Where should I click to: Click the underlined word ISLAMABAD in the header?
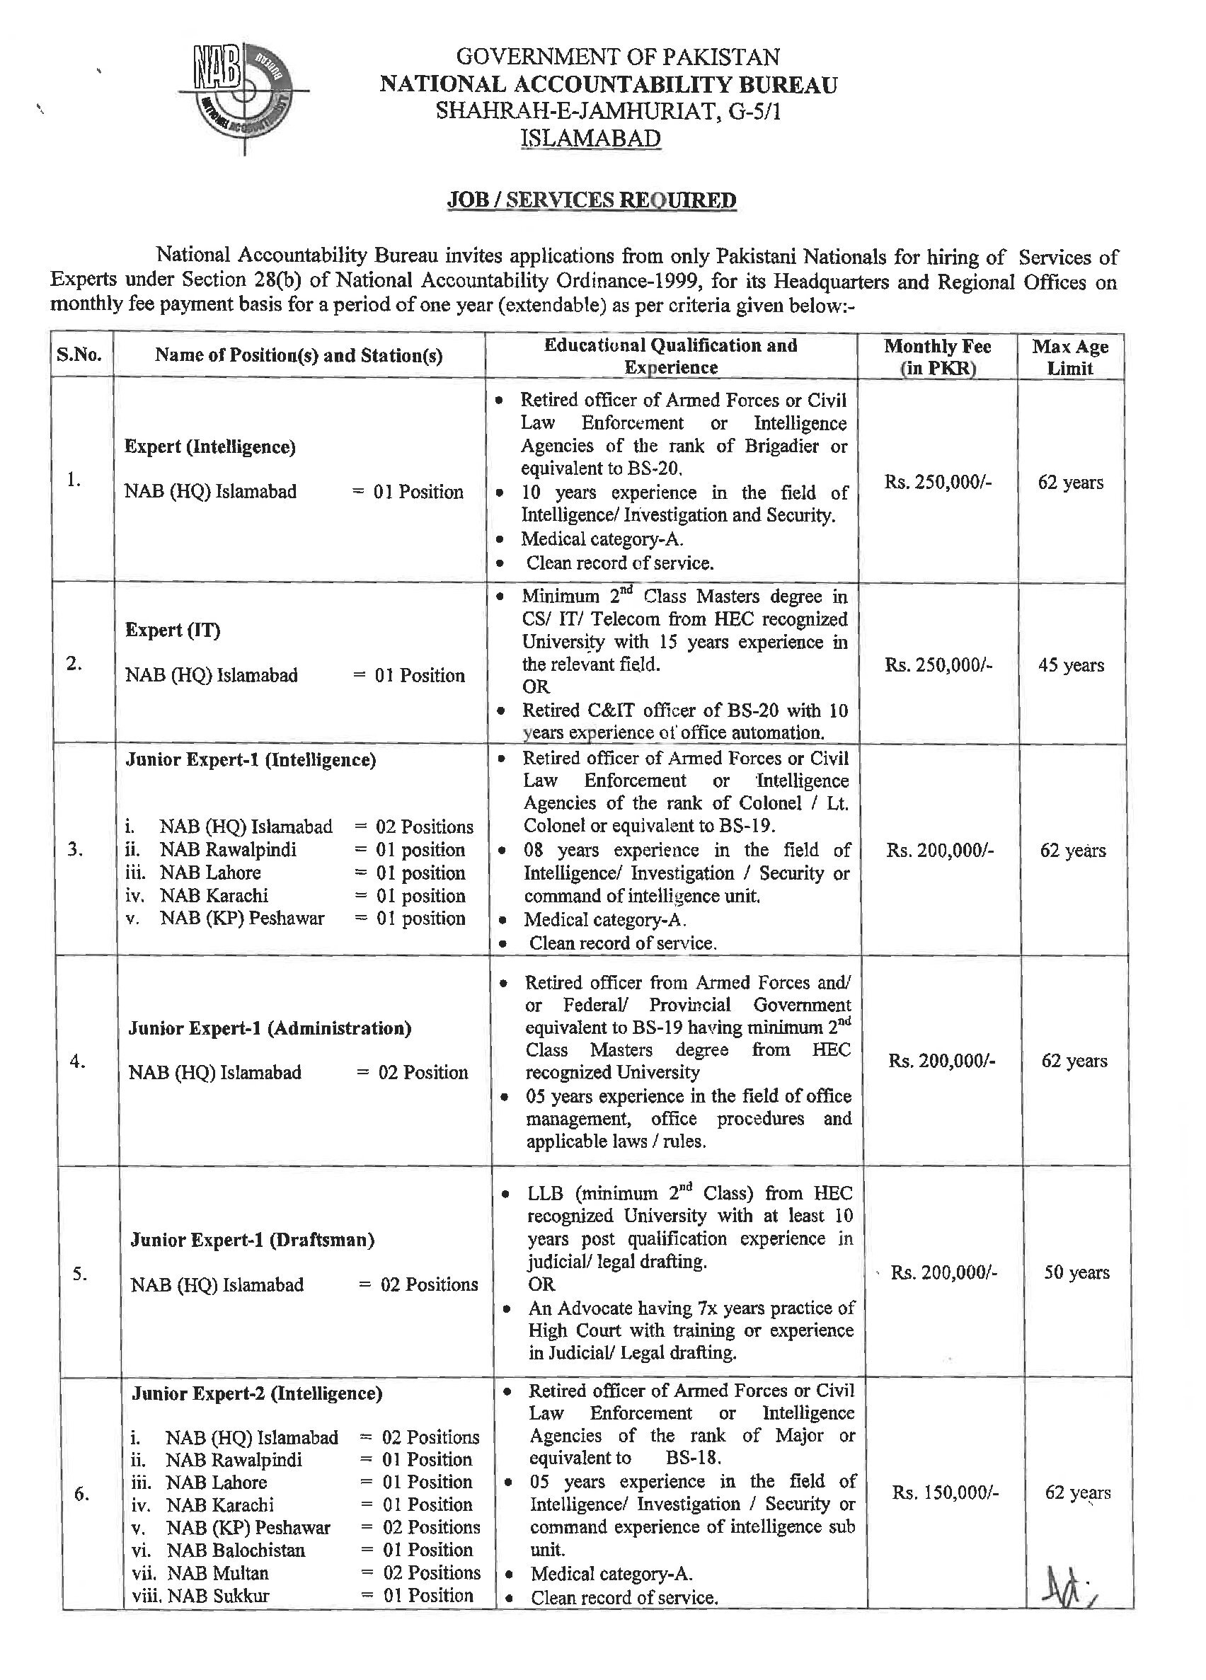pyautogui.click(x=590, y=139)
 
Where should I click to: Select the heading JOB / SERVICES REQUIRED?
pyautogui.click(x=591, y=200)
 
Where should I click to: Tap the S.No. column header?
pyautogui.click(x=79, y=355)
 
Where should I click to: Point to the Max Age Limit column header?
pyautogui.click(x=1069, y=357)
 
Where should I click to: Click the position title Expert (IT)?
pyautogui.click(x=173, y=630)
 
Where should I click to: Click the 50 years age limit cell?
pyautogui.click(x=1076, y=1272)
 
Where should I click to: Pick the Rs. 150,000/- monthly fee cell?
pyautogui.click(x=945, y=1493)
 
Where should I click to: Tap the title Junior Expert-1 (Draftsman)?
pyautogui.click(x=252, y=1240)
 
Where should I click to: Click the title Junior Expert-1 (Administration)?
pyautogui.click(x=270, y=1028)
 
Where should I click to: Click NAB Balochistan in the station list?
pyautogui.click(x=236, y=1550)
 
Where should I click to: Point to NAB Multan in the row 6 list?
pyautogui.click(x=218, y=1572)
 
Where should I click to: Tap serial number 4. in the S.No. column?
pyautogui.click(x=77, y=1061)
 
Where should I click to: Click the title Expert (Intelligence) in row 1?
pyautogui.click(x=209, y=447)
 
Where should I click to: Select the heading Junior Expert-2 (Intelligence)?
pyautogui.click(x=257, y=1393)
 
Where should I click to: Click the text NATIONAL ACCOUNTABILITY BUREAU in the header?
pyautogui.click(x=608, y=84)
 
